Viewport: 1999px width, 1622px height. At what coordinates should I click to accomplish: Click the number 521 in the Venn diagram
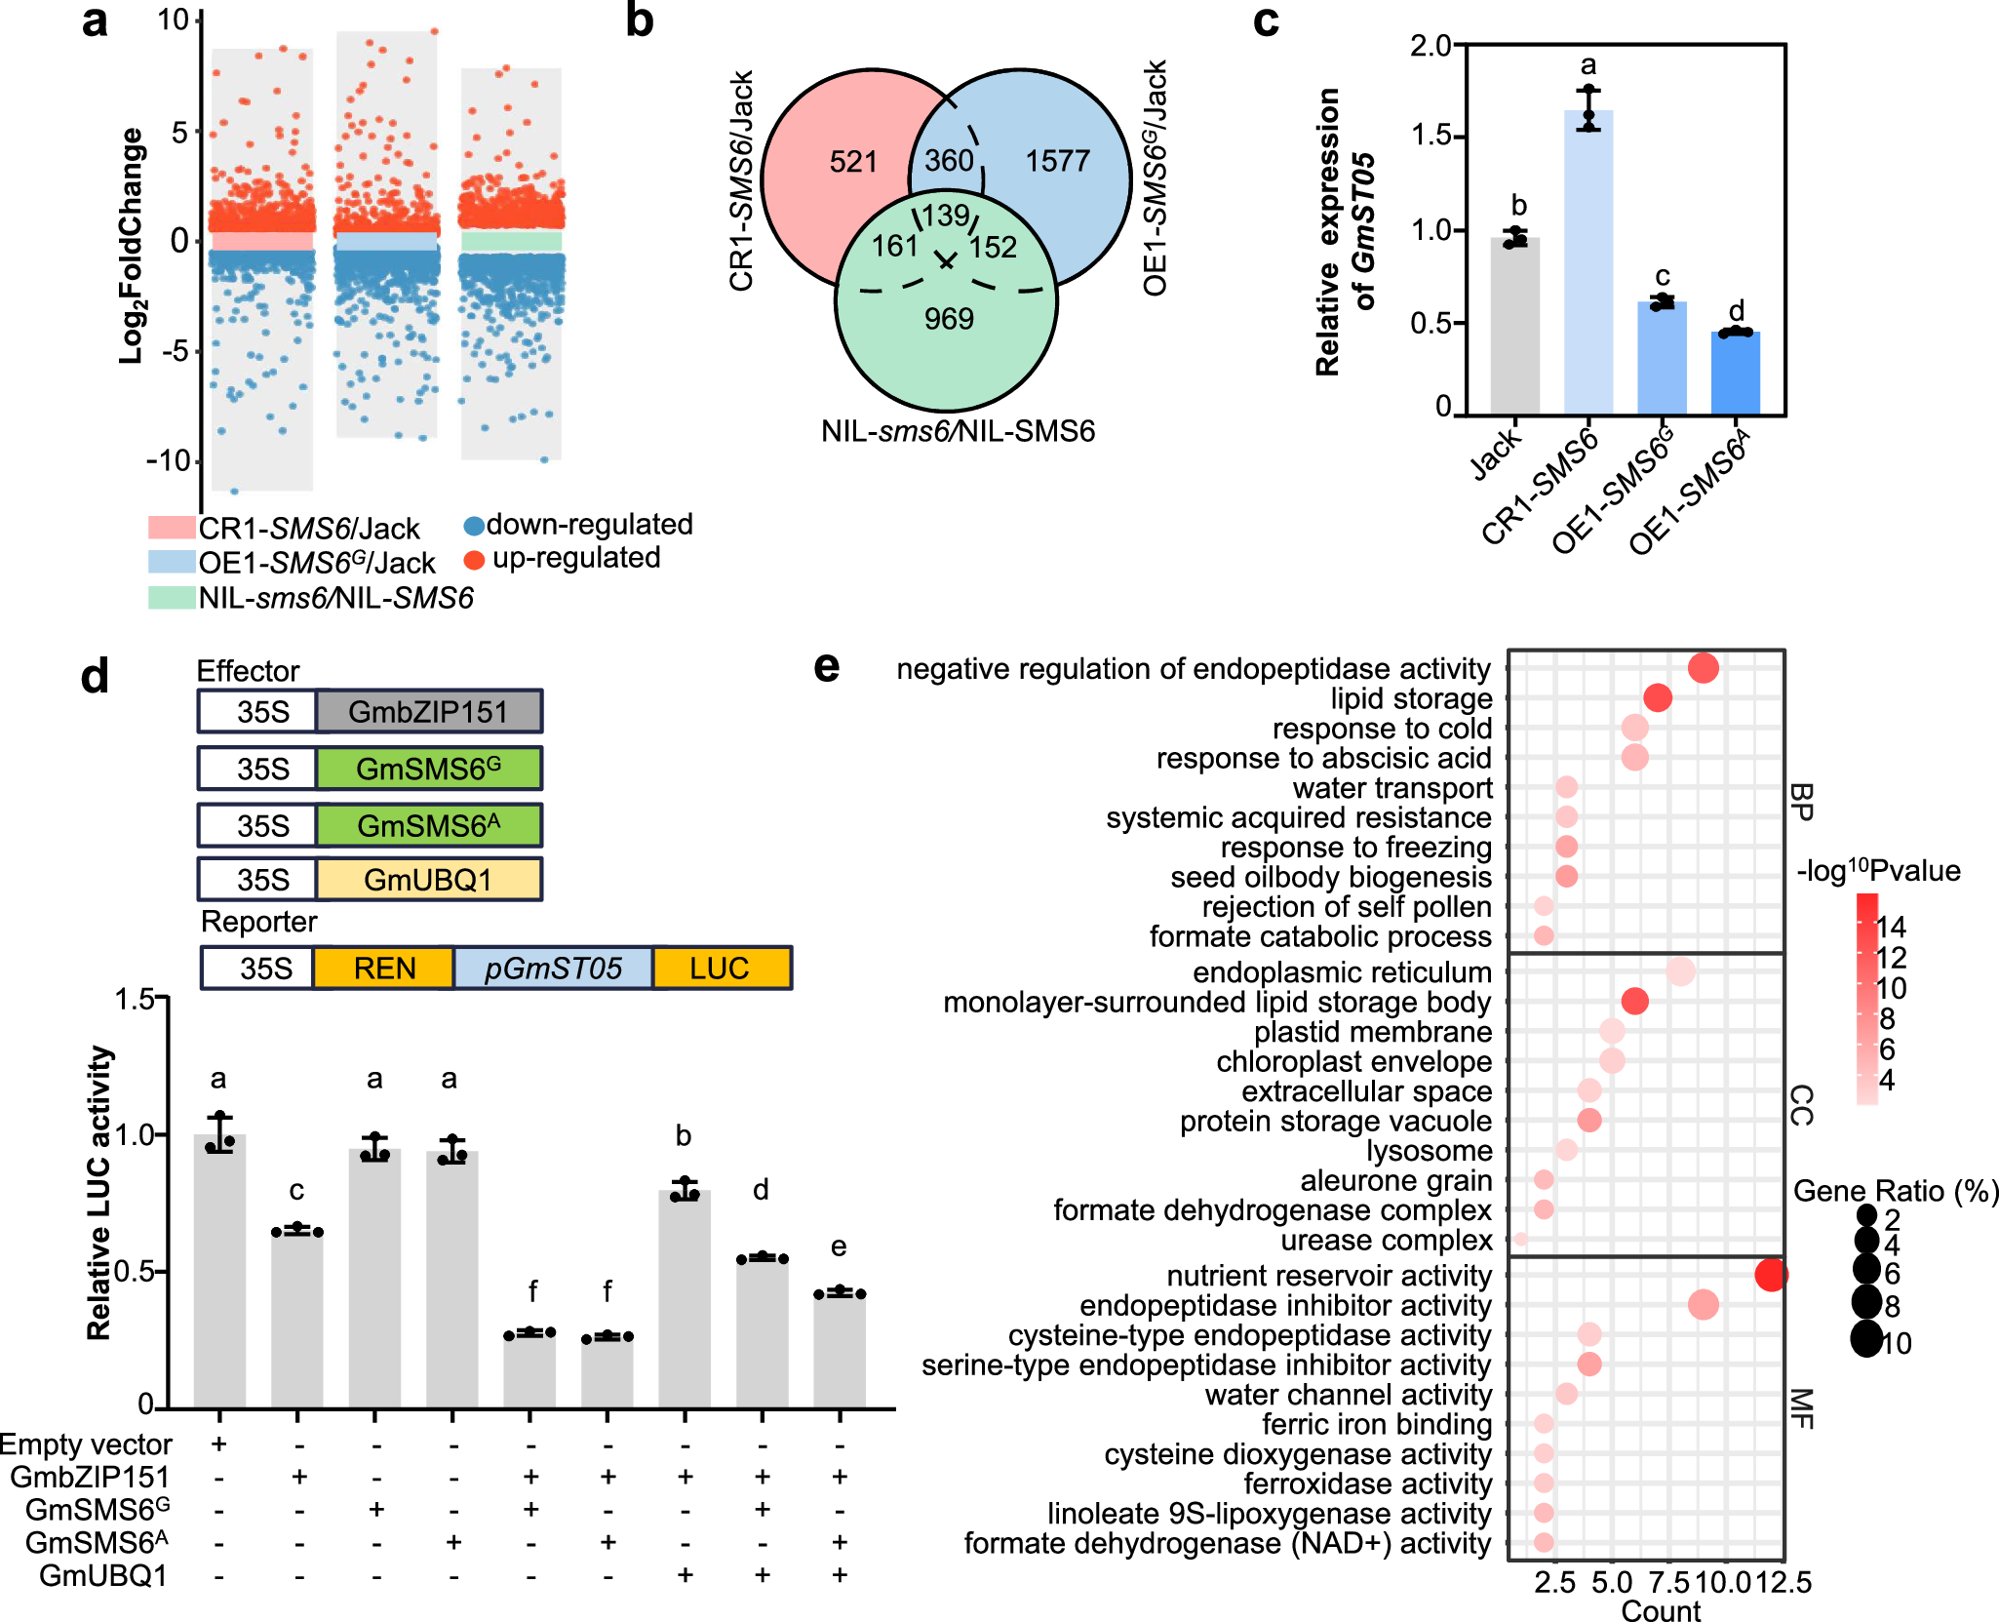click(x=853, y=162)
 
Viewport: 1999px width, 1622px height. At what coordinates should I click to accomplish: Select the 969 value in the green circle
click(x=949, y=319)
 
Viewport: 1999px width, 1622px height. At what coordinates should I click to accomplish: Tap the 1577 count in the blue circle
click(x=1057, y=161)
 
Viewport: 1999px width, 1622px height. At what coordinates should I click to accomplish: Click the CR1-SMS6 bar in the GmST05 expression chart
click(x=1588, y=263)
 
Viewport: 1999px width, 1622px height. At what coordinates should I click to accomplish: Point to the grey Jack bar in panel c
click(x=1515, y=327)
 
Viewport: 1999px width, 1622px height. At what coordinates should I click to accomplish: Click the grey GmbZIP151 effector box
click(x=429, y=712)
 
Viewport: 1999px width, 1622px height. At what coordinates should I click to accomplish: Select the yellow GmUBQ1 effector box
click(x=429, y=880)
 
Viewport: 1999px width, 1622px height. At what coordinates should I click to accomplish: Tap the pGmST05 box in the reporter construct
click(x=553, y=969)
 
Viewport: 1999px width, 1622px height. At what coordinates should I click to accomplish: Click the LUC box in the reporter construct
click(x=720, y=969)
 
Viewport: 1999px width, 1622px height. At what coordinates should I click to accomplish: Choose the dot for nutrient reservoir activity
click(x=1771, y=1275)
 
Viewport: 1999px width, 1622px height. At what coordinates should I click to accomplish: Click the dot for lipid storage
click(x=1658, y=698)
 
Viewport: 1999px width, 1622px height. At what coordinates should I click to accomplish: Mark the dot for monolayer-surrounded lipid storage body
click(x=1635, y=1001)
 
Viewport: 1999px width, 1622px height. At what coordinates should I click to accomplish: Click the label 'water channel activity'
click(x=1348, y=1395)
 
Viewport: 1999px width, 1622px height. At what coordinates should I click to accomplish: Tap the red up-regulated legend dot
click(x=474, y=560)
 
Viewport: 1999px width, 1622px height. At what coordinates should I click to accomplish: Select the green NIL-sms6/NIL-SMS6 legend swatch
click(x=172, y=598)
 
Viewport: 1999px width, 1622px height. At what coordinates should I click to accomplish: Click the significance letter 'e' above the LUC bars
click(x=839, y=1246)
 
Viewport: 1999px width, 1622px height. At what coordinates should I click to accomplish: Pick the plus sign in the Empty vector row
click(x=219, y=1444)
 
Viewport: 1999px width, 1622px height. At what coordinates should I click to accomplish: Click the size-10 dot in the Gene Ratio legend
click(x=1866, y=1340)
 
